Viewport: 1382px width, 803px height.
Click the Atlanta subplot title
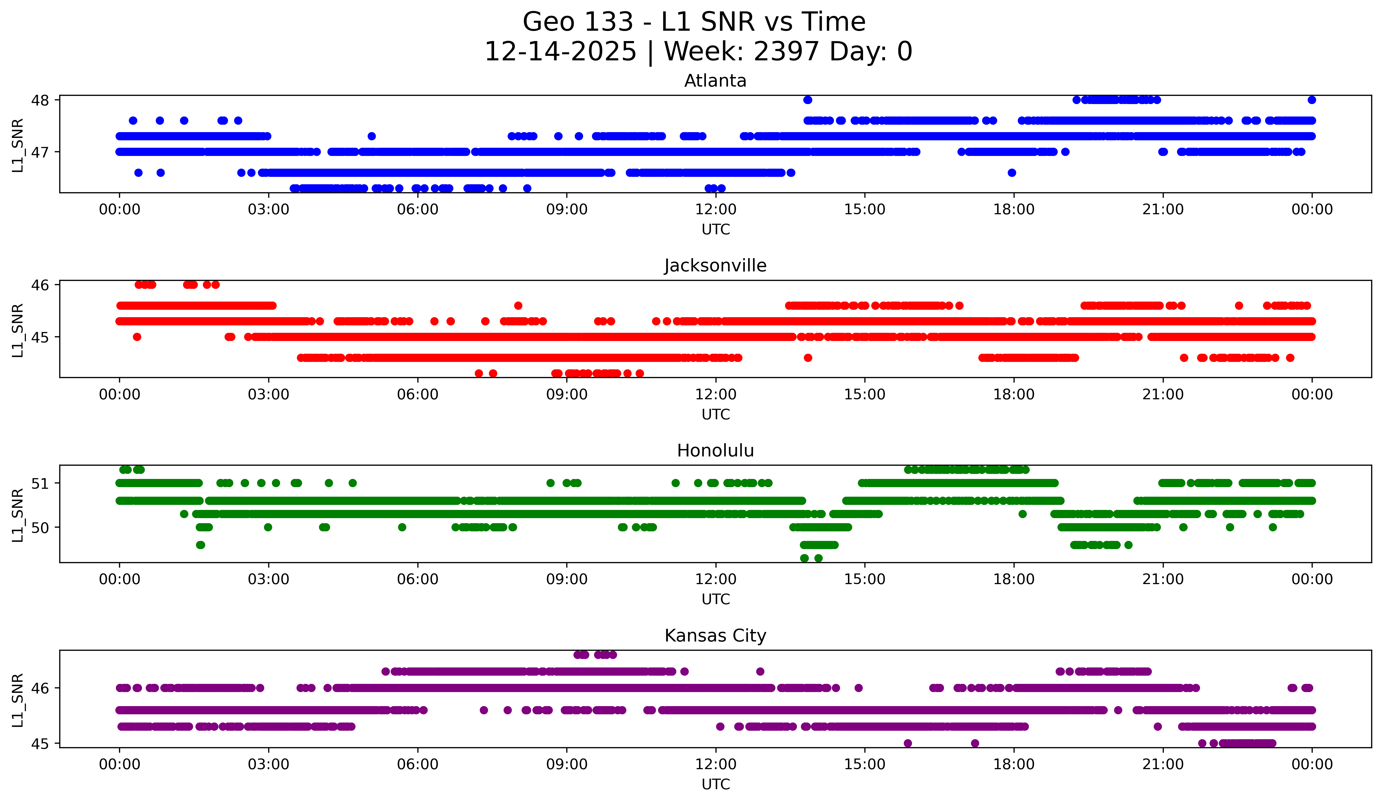(x=715, y=81)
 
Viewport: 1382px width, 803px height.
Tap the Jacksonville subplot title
(x=715, y=266)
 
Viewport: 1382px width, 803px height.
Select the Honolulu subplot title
(x=715, y=451)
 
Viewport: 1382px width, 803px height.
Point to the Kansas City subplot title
(x=715, y=636)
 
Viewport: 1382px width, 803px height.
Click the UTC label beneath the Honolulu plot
(x=716, y=599)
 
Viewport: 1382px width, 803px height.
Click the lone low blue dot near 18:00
(x=1012, y=173)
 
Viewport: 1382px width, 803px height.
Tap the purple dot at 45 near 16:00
(x=907, y=743)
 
